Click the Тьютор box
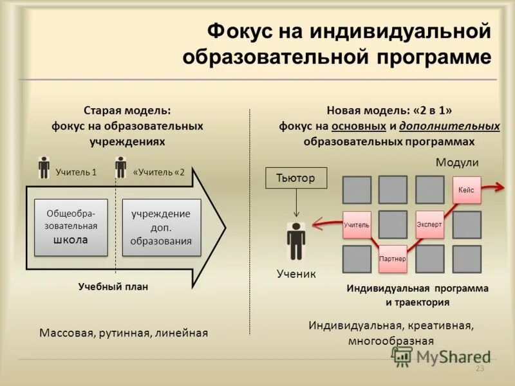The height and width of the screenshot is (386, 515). coord(296,178)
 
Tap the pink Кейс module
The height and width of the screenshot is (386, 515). coord(466,190)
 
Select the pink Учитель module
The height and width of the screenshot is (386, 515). coord(357,225)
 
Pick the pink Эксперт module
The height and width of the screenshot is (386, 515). coord(429,225)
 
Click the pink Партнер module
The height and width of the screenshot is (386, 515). coord(393,259)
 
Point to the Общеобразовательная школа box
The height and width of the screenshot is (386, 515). coord(71,227)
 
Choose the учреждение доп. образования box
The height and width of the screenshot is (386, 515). coord(161,227)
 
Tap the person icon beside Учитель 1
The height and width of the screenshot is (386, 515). coord(43,167)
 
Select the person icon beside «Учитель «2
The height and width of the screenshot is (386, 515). coord(120,167)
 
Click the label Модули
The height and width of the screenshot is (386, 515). coord(458,163)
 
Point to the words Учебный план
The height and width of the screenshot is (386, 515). coord(113,287)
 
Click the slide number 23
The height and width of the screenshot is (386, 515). coord(479,369)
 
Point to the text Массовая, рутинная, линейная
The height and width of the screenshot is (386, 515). coord(124,333)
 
